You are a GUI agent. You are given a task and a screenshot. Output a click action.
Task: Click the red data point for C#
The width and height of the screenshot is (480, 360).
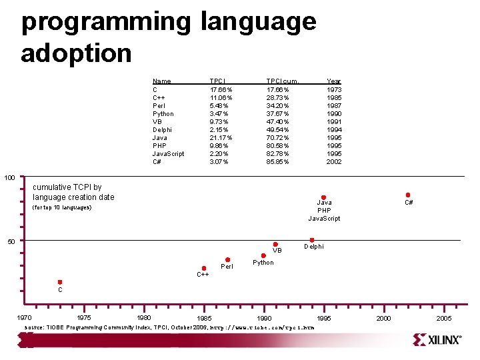(407, 195)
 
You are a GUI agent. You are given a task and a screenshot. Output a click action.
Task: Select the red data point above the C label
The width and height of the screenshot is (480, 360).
(59, 282)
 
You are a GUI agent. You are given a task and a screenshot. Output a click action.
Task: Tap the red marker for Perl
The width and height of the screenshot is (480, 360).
(227, 260)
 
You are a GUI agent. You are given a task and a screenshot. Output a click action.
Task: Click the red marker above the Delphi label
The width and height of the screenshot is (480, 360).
(311, 240)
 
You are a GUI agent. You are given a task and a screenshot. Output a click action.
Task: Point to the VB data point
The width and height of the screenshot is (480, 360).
(275, 245)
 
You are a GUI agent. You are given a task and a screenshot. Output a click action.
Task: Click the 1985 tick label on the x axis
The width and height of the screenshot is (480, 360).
(205, 319)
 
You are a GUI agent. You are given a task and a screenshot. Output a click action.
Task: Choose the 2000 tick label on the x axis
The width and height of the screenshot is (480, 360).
(384, 319)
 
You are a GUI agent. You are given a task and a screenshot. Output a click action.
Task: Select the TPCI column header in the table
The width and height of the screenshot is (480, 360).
(217, 81)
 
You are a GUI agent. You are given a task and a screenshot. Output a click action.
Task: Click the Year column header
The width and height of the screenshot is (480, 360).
(333, 81)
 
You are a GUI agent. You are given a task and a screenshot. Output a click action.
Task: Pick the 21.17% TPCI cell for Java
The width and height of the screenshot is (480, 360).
(221, 137)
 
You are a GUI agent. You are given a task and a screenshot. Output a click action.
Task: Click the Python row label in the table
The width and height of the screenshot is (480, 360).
(163, 113)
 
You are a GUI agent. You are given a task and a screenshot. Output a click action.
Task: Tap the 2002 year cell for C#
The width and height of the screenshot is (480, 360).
(334, 161)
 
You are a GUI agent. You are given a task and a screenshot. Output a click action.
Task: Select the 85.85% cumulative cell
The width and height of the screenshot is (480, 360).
(278, 161)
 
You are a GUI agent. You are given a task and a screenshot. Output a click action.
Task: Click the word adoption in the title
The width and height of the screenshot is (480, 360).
(77, 53)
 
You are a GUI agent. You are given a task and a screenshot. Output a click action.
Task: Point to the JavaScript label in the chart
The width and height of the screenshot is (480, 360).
(324, 219)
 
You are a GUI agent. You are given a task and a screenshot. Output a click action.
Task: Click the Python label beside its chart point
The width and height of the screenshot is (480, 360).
(263, 263)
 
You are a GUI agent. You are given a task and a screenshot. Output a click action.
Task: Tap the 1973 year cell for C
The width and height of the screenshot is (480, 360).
(334, 89)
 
